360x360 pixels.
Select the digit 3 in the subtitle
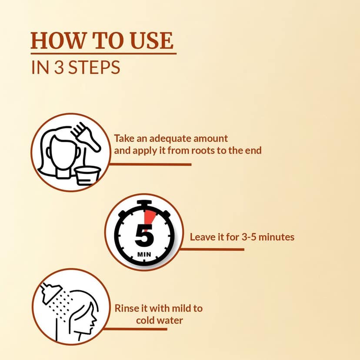pos(59,67)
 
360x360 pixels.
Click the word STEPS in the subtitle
pos(94,67)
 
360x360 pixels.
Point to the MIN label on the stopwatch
pos(144,254)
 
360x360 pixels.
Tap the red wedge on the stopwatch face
pos(149,217)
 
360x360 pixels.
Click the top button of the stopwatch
pos(144,203)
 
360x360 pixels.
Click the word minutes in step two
pos(277,237)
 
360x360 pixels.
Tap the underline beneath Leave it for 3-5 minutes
pos(212,249)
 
